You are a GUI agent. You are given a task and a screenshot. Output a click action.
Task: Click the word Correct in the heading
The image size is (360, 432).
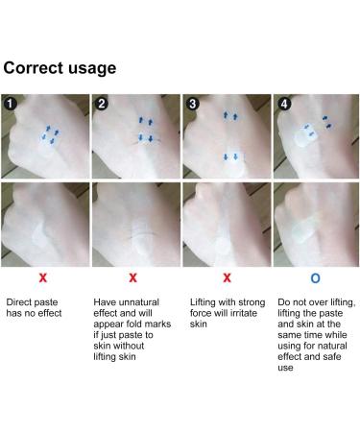pyautogui.click(x=33, y=68)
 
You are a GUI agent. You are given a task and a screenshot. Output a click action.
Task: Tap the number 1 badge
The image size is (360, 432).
pyautogui.click(x=11, y=104)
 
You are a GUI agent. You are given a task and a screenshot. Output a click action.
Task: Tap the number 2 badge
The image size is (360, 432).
pyautogui.click(x=102, y=104)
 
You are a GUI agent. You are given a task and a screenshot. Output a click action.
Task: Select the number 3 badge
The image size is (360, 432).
pyautogui.click(x=192, y=104)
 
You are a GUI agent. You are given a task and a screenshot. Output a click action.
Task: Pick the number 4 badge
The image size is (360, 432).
pyautogui.click(x=284, y=104)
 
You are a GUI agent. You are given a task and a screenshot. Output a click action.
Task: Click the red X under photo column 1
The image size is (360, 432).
pyautogui.click(x=43, y=277)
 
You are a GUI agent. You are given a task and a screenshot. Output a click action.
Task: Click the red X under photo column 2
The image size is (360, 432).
pyautogui.click(x=132, y=277)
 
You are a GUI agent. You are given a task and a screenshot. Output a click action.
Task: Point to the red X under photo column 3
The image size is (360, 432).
pyautogui.click(x=227, y=277)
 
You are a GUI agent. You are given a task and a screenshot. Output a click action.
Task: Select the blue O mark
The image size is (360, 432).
pyautogui.click(x=315, y=278)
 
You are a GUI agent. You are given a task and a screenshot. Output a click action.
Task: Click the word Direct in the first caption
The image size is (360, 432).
pyautogui.click(x=18, y=302)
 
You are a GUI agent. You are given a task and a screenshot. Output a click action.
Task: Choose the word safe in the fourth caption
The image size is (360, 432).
pyautogui.click(x=332, y=356)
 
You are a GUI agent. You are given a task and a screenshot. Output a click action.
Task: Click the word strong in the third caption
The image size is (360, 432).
pyautogui.click(x=251, y=302)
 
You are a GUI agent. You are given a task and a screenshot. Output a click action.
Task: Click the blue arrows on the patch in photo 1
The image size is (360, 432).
pyautogui.click(x=51, y=135)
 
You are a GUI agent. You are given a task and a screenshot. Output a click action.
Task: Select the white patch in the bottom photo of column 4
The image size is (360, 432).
pyautogui.click(x=304, y=229)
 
